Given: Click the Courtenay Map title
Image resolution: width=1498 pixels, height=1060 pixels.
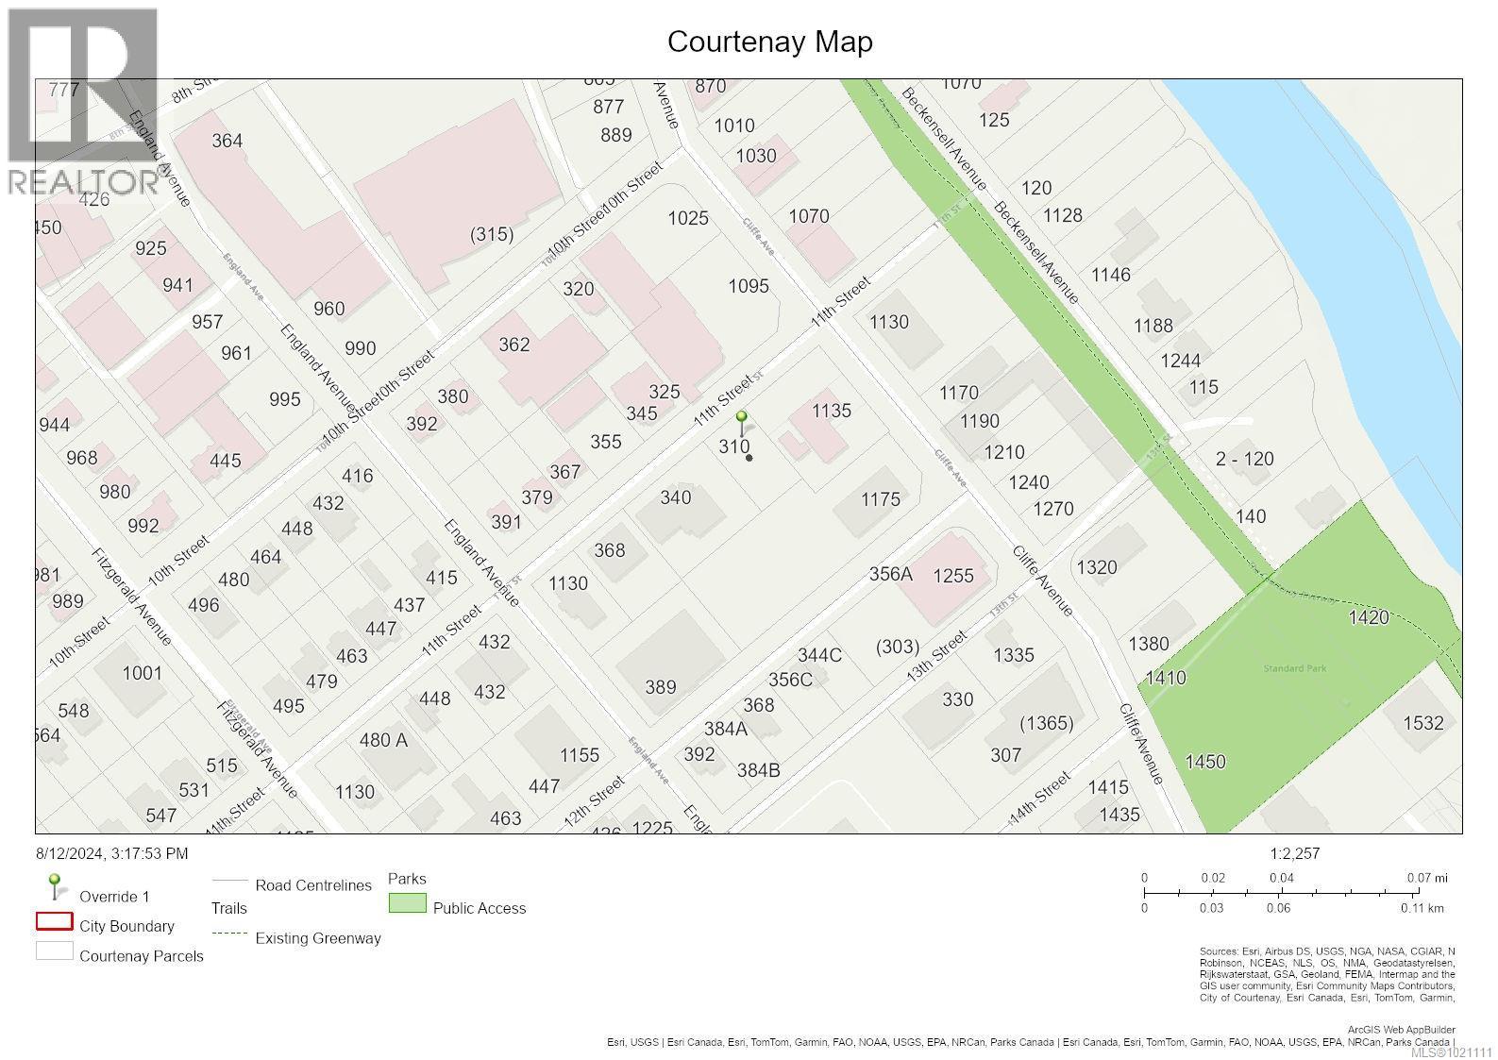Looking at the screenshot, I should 769,42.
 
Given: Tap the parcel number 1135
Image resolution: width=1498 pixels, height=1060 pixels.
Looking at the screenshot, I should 831,411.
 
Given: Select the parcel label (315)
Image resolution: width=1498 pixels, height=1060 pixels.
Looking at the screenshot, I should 492,234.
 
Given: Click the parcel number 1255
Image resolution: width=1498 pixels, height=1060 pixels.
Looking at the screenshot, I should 952,576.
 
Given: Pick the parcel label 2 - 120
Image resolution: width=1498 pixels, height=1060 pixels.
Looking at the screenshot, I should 1244,460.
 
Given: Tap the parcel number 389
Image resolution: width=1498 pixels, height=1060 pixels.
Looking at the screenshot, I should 660,687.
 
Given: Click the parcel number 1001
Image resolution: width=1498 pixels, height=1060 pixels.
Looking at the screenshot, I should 142,673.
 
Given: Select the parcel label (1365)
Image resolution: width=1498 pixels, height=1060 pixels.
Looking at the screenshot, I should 1046,723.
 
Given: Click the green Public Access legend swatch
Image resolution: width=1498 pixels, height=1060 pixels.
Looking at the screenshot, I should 407,904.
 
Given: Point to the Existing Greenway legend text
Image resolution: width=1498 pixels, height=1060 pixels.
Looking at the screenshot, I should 318,938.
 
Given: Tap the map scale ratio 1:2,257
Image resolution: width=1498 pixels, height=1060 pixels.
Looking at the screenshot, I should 1294,853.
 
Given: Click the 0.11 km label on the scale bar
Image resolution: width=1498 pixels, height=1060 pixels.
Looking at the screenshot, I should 1422,908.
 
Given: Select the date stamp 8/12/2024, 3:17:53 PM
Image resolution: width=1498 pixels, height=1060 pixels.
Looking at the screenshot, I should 111,853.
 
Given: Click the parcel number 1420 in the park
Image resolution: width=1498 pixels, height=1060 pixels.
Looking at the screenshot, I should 1368,617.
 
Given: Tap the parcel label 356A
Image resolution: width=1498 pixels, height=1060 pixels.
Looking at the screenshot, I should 890,574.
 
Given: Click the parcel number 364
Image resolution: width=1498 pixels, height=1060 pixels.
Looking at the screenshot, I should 227,141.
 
